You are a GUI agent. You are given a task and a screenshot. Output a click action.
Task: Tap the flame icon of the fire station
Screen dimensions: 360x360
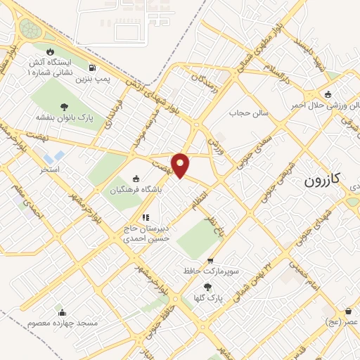50,52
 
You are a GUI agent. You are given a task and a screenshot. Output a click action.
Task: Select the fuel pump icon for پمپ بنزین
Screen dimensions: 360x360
92,68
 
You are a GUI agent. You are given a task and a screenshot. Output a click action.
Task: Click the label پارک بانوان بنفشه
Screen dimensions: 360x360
65,117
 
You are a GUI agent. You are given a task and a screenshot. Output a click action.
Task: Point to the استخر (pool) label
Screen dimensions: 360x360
50,169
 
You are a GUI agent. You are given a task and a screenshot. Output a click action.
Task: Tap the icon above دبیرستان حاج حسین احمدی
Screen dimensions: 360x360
146,217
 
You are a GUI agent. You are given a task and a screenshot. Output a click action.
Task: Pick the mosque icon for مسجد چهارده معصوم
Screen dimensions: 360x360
62,312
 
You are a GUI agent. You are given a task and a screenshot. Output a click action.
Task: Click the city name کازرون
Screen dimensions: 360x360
323,181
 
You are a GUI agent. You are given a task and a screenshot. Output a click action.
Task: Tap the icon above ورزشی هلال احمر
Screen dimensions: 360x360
327,95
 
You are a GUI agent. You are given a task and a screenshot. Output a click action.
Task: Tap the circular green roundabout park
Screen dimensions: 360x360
30,29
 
